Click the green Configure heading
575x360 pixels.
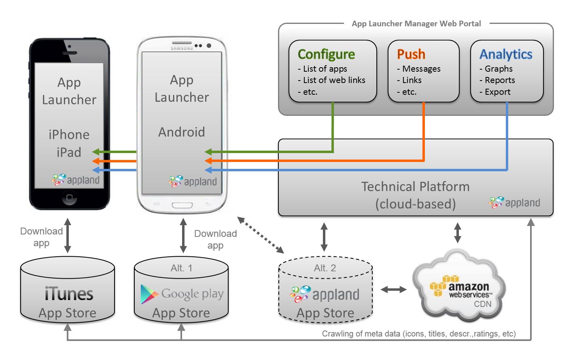pyautogui.click(x=326, y=54)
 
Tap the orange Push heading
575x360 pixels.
pyautogui.click(x=411, y=54)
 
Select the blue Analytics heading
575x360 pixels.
pyautogui.click(x=506, y=54)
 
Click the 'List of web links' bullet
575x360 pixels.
pyautogui.click(x=334, y=80)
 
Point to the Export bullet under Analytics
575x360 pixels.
pyautogui.click(x=497, y=92)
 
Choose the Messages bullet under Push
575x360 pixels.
pyautogui.click(x=421, y=69)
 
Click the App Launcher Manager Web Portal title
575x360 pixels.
pyautogui.click(x=416, y=23)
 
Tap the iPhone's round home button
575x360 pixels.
pyautogui.click(x=69, y=198)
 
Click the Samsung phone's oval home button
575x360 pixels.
pyautogui.click(x=182, y=205)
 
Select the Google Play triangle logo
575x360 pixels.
pyautogui.click(x=149, y=294)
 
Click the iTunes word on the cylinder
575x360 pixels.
pyautogui.click(x=69, y=294)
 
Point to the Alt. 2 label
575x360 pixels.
pyautogui.click(x=325, y=268)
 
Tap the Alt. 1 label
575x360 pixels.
pyautogui.click(x=181, y=268)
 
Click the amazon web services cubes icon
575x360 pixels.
pyautogui.click(x=439, y=287)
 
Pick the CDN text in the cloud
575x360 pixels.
pyautogui.click(x=482, y=304)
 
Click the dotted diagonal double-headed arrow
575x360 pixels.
pyautogui.click(x=261, y=235)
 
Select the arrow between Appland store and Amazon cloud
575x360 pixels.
pyautogui.click(x=393, y=289)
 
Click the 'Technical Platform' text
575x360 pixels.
pyautogui.click(x=415, y=187)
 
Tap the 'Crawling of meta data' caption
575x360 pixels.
pyautogui.click(x=419, y=334)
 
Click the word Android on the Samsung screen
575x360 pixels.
pyautogui.click(x=181, y=132)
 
